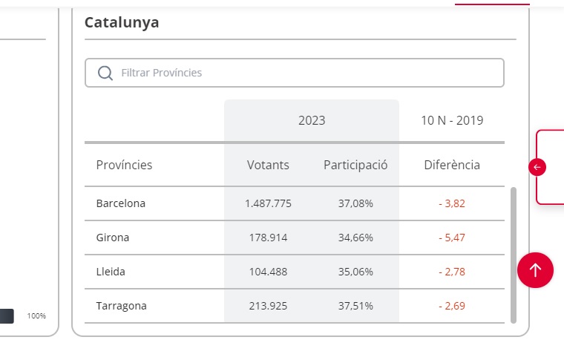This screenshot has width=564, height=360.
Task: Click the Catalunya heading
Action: click(x=122, y=22)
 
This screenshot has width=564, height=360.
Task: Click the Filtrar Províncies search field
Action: click(x=304, y=73)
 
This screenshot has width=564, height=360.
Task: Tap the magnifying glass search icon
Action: click(x=105, y=73)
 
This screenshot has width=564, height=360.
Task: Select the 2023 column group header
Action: click(x=312, y=120)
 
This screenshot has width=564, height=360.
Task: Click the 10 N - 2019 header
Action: click(x=452, y=120)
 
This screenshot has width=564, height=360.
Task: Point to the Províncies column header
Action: click(x=124, y=165)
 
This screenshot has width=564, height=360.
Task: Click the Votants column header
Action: click(x=268, y=165)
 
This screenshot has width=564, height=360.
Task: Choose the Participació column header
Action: click(x=355, y=165)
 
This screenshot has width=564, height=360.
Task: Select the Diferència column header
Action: click(x=452, y=165)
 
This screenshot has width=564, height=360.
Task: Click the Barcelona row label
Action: click(x=121, y=203)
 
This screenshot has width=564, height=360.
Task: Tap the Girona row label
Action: click(x=113, y=238)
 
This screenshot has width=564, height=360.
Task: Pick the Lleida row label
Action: click(x=111, y=272)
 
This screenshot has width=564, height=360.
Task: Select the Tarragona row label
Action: click(x=122, y=306)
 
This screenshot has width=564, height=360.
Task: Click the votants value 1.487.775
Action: click(x=268, y=203)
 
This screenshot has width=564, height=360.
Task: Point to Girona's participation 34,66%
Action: click(x=355, y=238)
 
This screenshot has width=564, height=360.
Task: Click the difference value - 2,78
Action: click(x=452, y=272)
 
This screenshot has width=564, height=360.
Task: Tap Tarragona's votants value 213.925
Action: click(x=268, y=306)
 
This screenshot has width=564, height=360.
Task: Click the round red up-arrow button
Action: click(x=536, y=269)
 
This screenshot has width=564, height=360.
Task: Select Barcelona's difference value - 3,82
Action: click(x=452, y=203)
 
